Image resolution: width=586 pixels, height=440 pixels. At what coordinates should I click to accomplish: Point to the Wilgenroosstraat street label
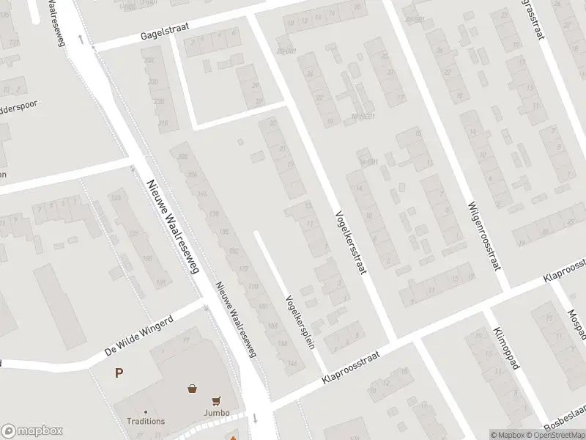(x=485, y=236)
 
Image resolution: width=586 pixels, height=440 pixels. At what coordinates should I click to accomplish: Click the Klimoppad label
(x=506, y=348)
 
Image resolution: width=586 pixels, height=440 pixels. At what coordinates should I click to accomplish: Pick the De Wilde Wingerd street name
(x=138, y=336)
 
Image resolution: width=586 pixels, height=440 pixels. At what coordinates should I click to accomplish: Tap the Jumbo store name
(x=216, y=413)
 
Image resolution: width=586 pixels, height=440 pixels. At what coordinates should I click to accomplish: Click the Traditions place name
(x=146, y=422)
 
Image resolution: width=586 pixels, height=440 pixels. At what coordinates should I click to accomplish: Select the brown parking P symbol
(x=119, y=373)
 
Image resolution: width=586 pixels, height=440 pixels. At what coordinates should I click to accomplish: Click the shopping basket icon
(x=192, y=389)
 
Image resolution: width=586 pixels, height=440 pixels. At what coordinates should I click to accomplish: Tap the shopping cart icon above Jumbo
(x=216, y=400)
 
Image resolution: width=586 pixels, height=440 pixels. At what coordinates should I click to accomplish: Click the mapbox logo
(x=32, y=431)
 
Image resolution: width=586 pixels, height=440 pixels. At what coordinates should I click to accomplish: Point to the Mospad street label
(x=576, y=312)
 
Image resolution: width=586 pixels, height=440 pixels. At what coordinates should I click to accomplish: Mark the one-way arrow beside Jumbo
(x=255, y=418)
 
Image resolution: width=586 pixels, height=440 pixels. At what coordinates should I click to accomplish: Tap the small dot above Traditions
(x=146, y=412)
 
